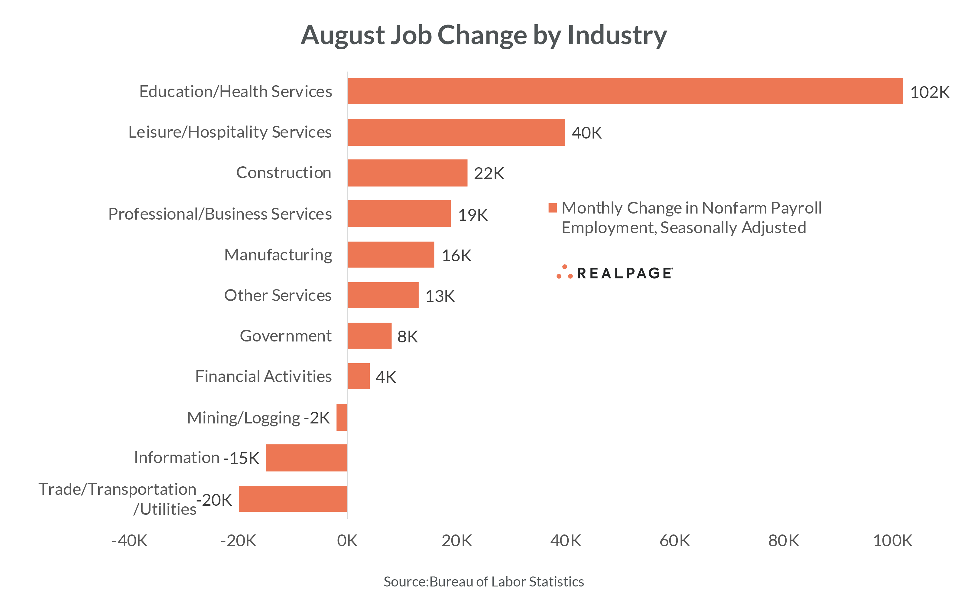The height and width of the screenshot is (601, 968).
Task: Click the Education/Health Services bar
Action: (x=625, y=91)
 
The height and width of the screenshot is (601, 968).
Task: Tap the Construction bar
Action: (x=407, y=173)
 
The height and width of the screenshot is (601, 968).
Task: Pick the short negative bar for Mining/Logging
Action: (x=342, y=417)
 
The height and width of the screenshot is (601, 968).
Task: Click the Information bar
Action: (x=306, y=458)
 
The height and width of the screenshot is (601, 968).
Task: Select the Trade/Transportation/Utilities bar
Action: (x=293, y=498)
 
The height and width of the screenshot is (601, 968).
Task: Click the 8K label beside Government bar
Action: (x=407, y=337)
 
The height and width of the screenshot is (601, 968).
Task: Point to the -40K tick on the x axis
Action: (x=129, y=541)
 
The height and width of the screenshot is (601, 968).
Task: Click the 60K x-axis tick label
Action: (x=674, y=541)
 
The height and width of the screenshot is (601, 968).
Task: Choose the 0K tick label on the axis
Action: (x=347, y=541)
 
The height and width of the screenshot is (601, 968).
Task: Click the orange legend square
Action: (x=553, y=207)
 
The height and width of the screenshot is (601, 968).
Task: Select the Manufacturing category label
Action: (x=278, y=255)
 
